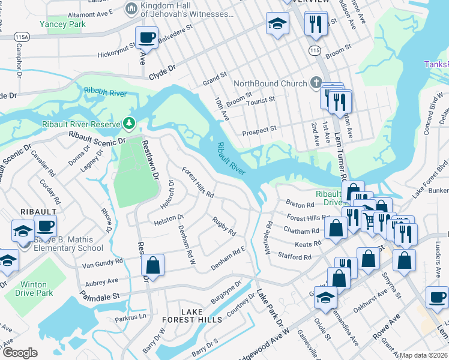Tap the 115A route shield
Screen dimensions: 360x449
22,37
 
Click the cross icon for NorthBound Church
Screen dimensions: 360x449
316,83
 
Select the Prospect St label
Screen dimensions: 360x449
259,129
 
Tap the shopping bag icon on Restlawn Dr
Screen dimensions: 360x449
153,265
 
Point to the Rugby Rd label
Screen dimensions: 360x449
224,227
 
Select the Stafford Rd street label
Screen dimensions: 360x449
295,257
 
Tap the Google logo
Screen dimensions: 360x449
20,353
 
